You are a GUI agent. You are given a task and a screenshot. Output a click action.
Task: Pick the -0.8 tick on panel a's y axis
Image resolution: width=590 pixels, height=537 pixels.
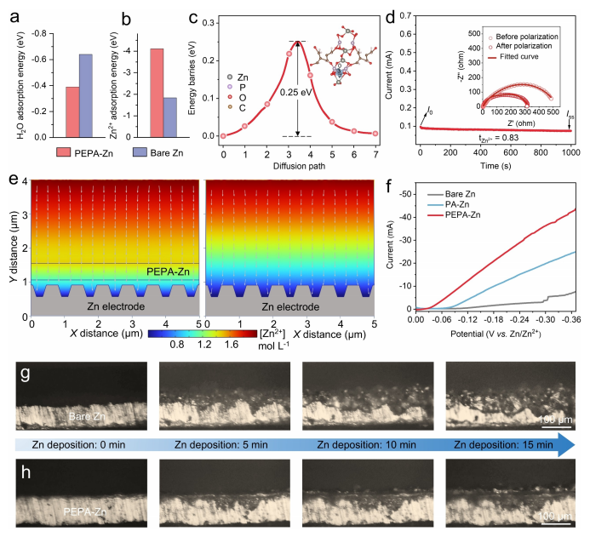[30, 32]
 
